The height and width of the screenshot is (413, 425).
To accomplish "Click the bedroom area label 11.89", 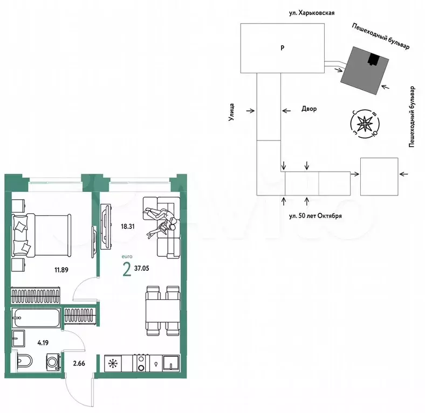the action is coord(61,270).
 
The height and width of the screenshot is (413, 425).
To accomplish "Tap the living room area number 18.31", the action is coord(128,227).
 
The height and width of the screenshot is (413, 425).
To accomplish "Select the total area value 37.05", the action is coord(141,269).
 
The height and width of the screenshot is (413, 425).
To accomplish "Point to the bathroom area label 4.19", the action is coord(43,343).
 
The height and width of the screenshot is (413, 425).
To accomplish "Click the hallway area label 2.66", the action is coord(79,363).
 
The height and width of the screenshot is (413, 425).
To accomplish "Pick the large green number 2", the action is coord(127,270).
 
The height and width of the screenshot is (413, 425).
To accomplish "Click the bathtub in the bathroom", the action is coord(36,318).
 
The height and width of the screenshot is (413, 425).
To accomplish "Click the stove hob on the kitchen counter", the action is coord(141,363).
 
